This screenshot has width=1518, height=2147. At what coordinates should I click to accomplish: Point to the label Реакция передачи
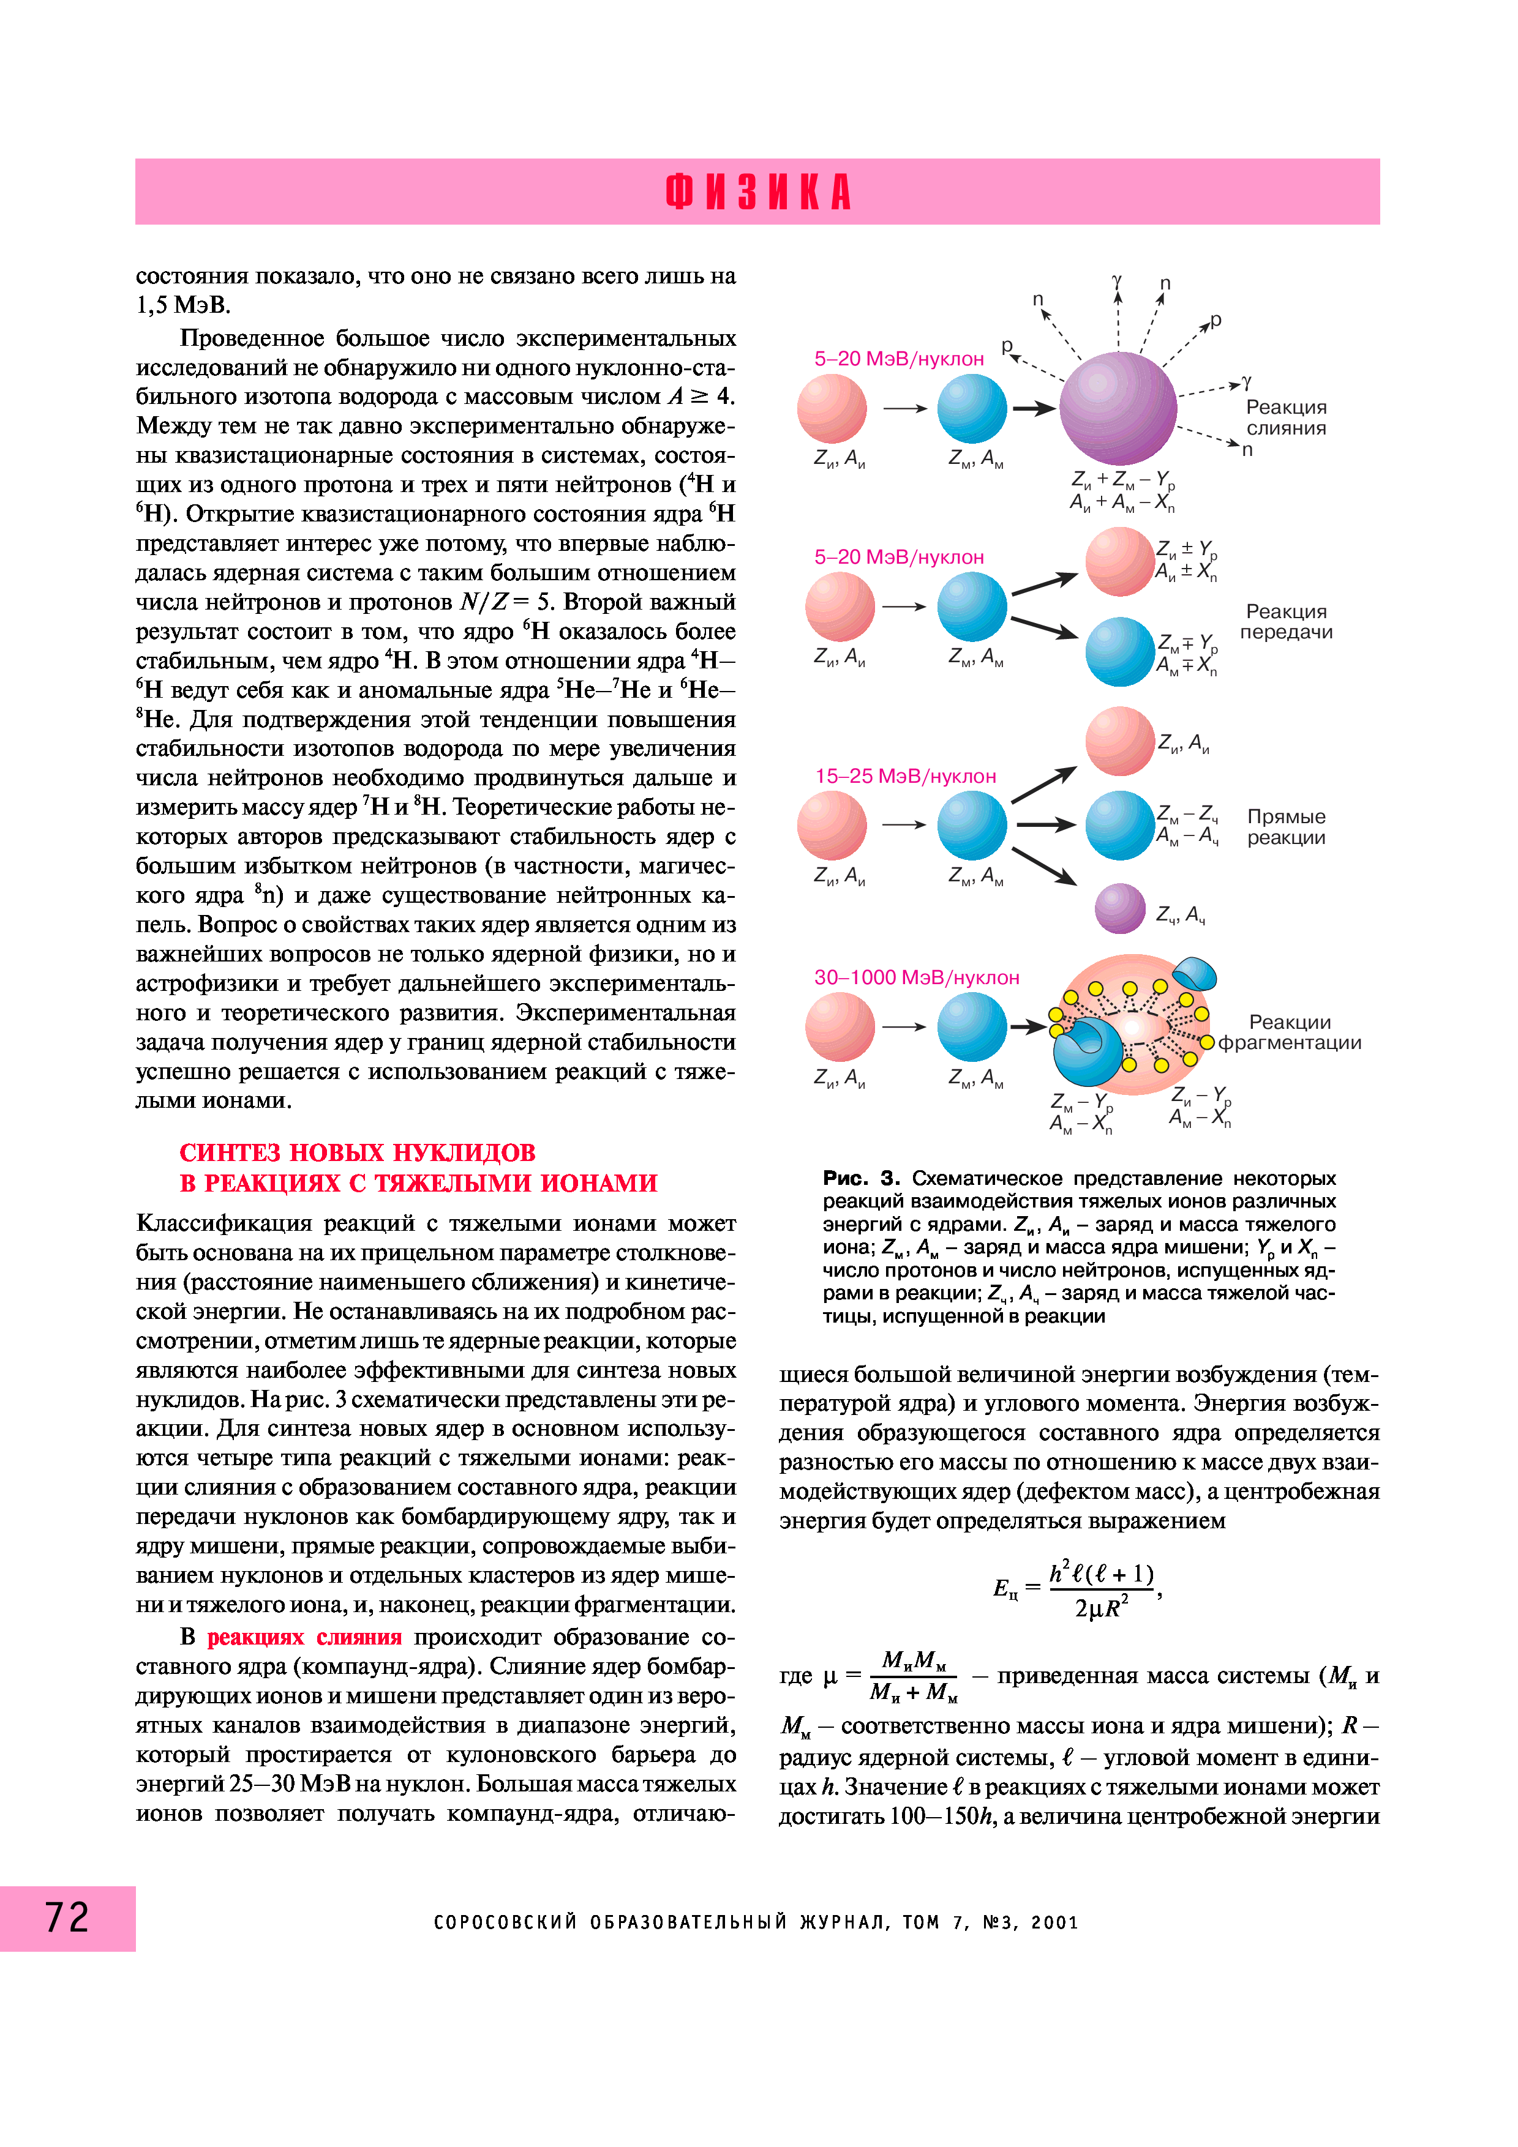click(1286, 622)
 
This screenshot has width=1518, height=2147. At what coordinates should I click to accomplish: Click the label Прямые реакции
click(1286, 827)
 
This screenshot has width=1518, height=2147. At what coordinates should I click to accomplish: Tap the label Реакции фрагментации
click(1289, 1032)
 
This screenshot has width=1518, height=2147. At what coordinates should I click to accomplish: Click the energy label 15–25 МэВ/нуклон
click(906, 776)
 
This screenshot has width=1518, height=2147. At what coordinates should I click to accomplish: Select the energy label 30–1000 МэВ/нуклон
click(917, 977)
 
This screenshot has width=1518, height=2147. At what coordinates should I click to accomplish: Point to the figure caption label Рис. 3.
click(860, 1178)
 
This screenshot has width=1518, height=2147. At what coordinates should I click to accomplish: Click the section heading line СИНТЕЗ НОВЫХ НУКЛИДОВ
click(357, 1152)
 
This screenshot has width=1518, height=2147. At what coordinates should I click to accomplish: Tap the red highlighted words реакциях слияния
click(304, 1637)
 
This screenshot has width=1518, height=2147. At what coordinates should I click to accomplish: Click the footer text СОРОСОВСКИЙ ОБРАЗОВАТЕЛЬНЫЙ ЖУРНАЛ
click(661, 1922)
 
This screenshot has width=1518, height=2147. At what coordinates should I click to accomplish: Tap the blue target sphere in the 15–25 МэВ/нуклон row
click(972, 826)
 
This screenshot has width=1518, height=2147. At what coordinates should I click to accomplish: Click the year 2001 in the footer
click(1055, 1922)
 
